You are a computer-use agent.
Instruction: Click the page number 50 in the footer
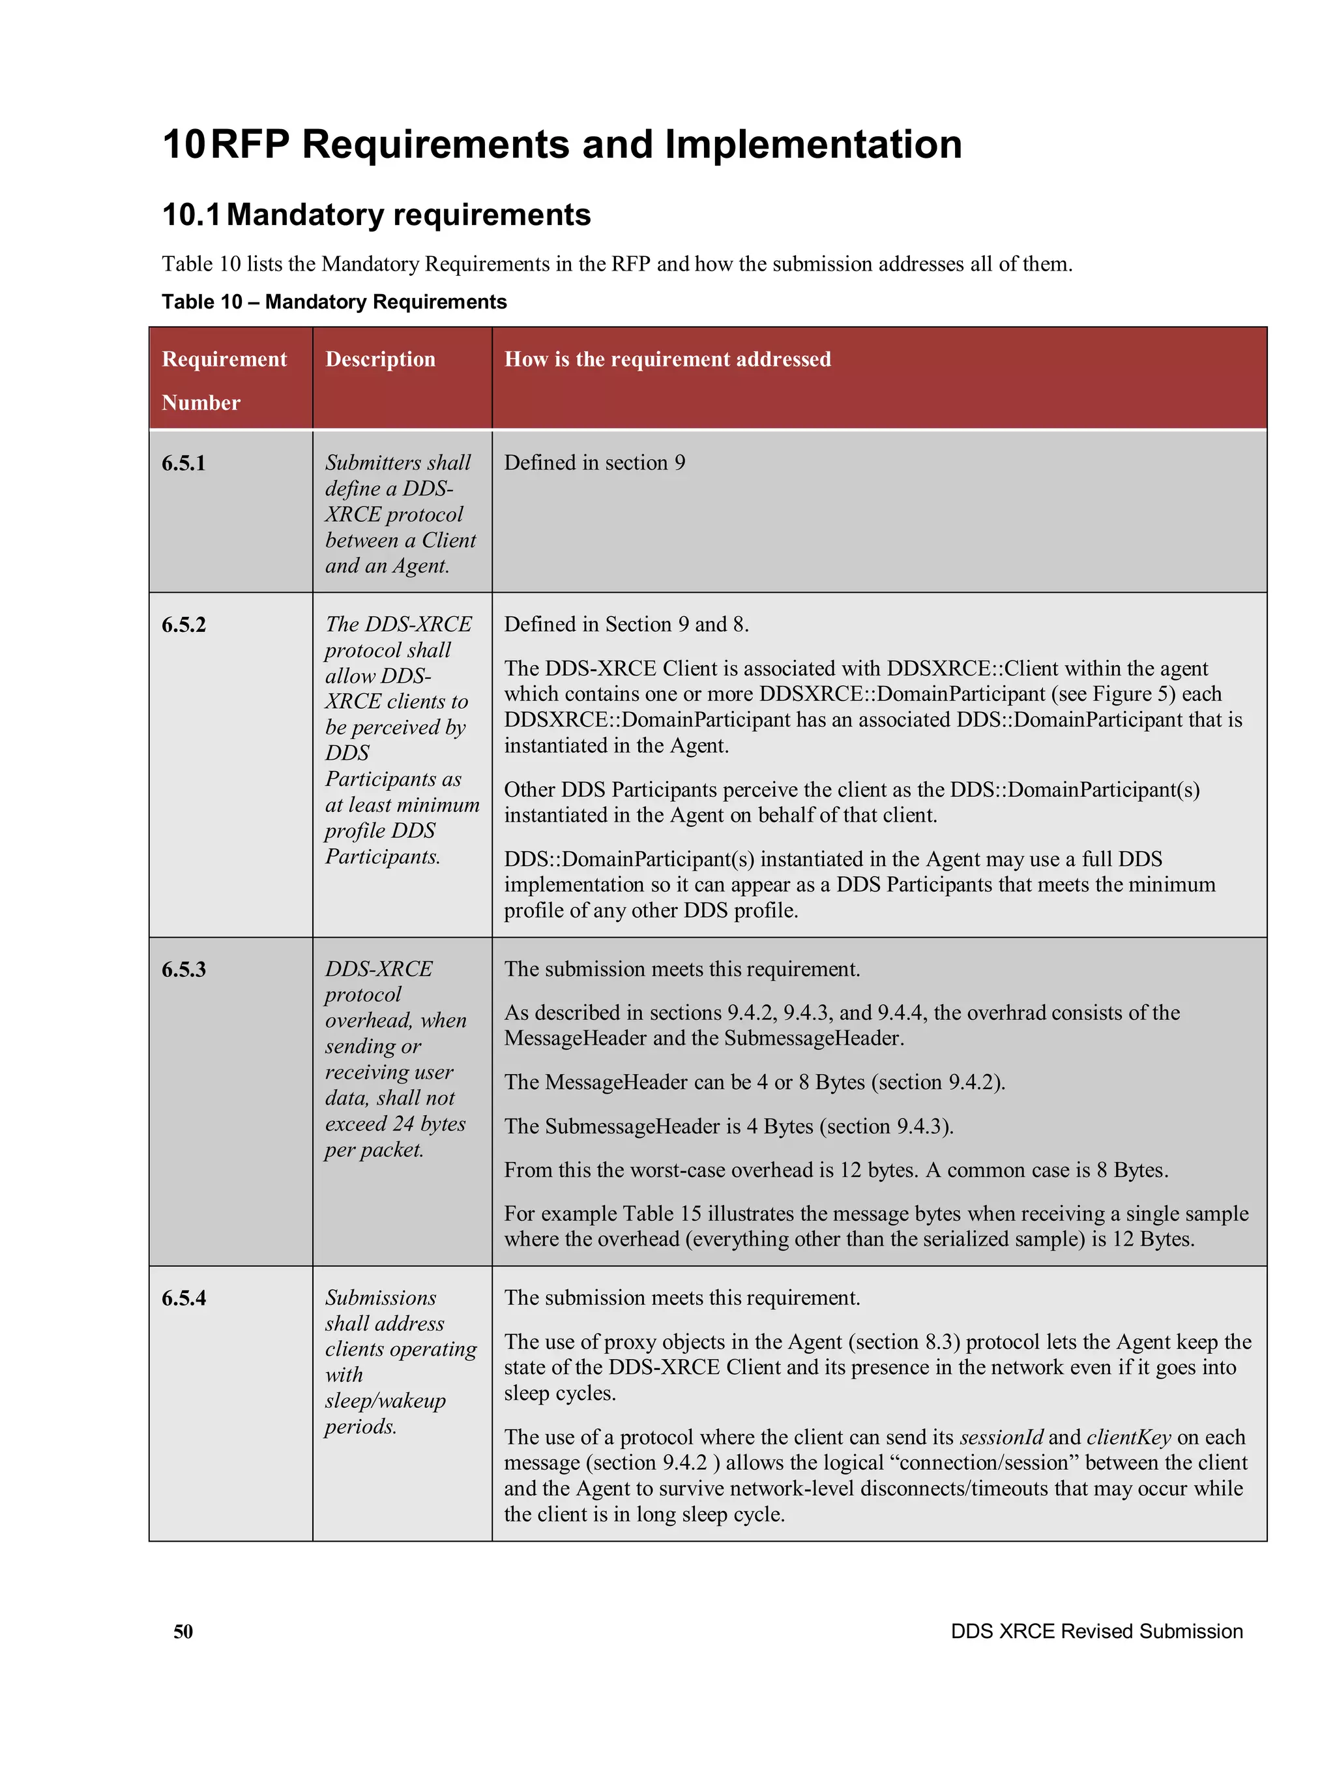coord(183,1631)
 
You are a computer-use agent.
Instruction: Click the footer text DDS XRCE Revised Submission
coord(1096,1631)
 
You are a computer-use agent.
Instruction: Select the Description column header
coord(380,359)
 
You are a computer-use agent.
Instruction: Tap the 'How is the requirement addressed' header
coord(667,359)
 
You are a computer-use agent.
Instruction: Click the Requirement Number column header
coord(224,380)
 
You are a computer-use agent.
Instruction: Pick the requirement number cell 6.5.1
coord(184,463)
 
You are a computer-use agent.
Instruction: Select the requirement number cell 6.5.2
coord(184,624)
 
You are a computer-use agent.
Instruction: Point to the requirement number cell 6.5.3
coord(184,969)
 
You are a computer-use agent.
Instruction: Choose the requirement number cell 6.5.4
coord(184,1298)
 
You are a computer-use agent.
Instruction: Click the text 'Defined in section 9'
coord(594,463)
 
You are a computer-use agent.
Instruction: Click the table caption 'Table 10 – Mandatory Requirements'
coord(334,302)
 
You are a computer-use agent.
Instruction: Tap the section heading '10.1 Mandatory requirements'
coord(376,215)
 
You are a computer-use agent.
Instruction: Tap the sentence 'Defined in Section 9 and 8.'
coord(626,624)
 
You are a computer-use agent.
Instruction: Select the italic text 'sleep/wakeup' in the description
coord(385,1400)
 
